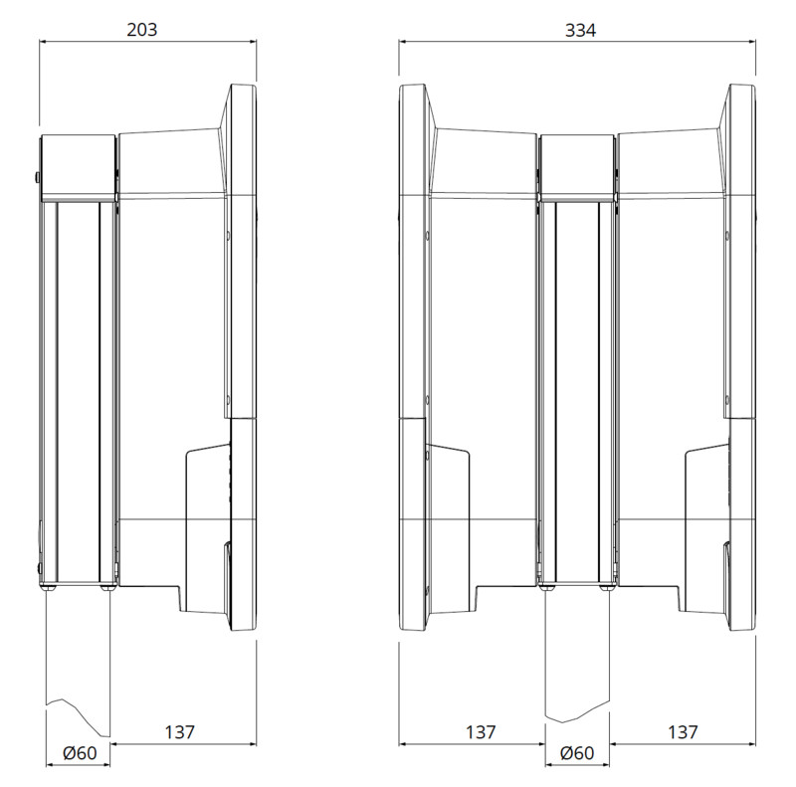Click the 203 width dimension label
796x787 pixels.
[142, 30]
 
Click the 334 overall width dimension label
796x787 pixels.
[580, 31]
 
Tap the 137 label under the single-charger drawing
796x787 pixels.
[180, 732]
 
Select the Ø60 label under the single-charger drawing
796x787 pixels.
[80, 753]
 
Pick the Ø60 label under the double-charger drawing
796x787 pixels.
[577, 753]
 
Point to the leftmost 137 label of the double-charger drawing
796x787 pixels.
[481, 732]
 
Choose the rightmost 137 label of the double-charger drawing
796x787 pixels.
[683, 732]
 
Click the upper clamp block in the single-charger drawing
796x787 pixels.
[78, 167]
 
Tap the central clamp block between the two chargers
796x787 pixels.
[577, 167]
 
